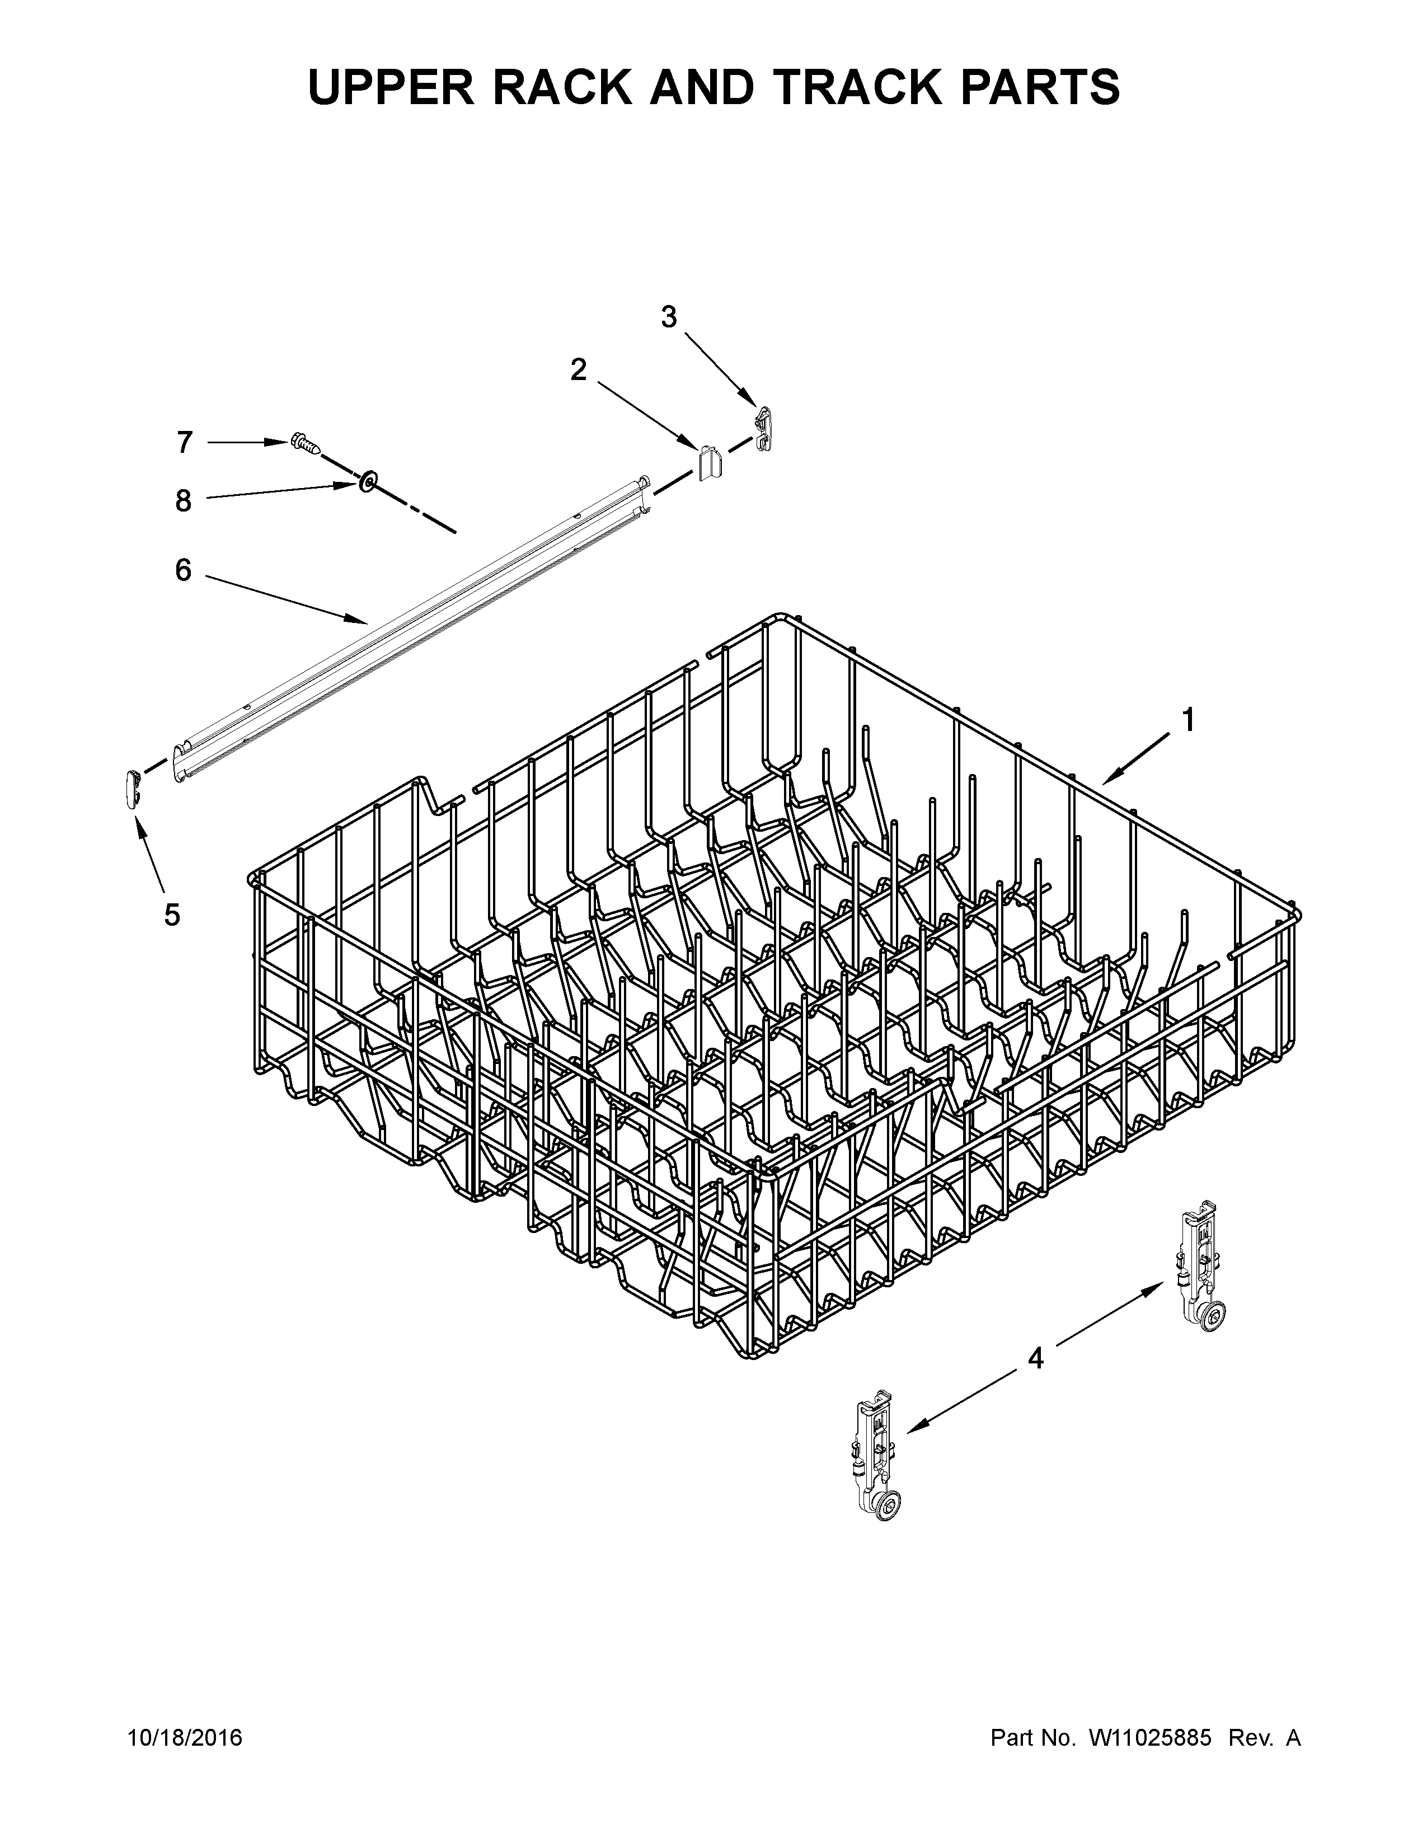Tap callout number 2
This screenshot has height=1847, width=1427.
[x=578, y=369]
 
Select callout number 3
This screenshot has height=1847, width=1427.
[x=669, y=317]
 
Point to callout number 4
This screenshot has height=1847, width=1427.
[x=1036, y=1358]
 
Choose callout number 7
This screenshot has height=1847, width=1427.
[x=184, y=442]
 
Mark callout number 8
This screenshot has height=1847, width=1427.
[x=184, y=501]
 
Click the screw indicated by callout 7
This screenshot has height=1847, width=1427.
[x=304, y=443]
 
